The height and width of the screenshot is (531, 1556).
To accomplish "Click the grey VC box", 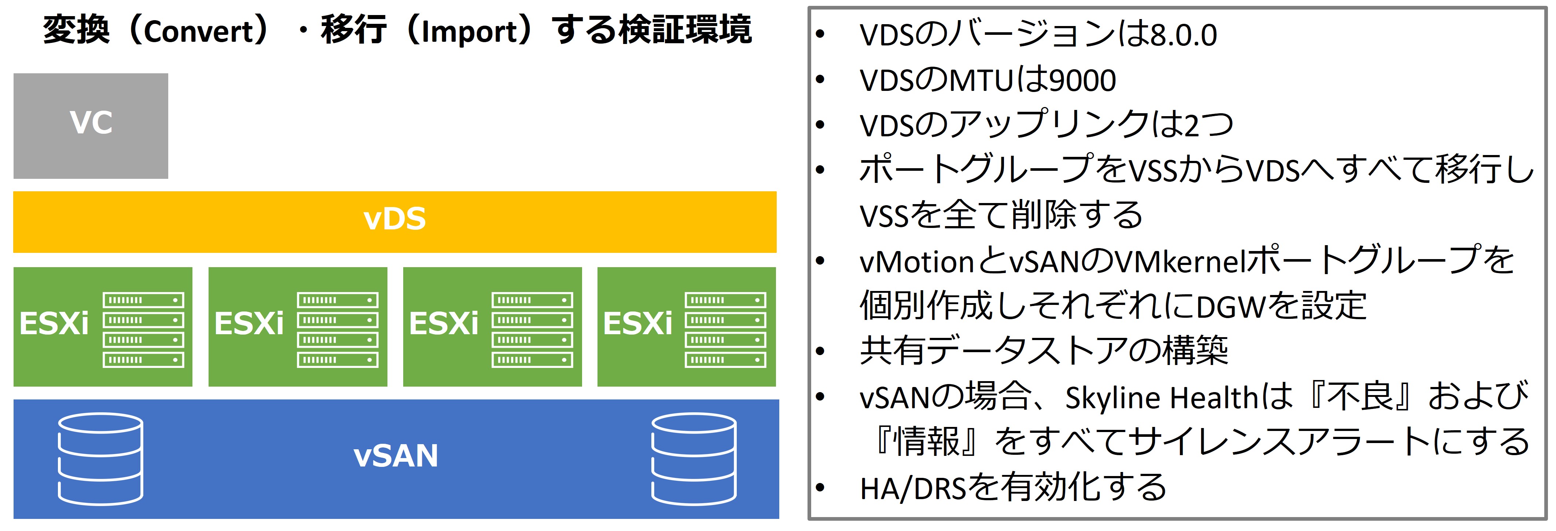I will [91, 126].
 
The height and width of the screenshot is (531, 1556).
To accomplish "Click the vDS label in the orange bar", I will [394, 219].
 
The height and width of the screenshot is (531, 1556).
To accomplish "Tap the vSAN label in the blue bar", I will [396, 456].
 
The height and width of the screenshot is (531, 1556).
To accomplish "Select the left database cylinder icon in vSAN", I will [100, 459].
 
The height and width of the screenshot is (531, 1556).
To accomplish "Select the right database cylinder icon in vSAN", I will [694, 459].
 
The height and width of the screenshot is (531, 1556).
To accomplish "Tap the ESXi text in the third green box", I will [444, 324].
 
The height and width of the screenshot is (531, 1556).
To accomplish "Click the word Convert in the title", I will [200, 32].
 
